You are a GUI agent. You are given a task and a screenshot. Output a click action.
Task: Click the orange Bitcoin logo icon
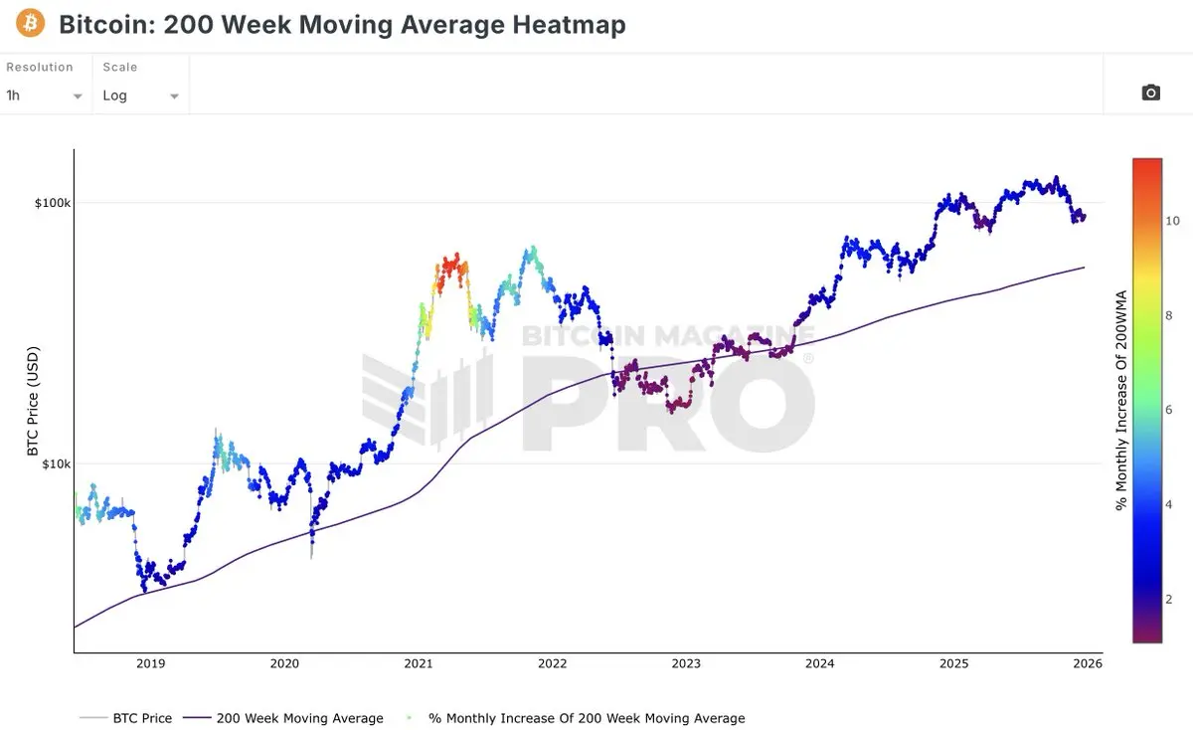[30, 24]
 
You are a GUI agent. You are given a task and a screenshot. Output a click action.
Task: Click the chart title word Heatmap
[572, 25]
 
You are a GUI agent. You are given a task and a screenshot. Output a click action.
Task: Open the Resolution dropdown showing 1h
[45, 95]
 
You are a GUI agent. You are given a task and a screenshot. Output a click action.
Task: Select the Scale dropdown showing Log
[140, 95]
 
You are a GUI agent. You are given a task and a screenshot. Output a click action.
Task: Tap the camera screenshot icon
[1150, 92]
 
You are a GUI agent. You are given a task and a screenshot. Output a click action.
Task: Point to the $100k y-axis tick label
[52, 203]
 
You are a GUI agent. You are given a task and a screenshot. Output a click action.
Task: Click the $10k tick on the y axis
[55, 463]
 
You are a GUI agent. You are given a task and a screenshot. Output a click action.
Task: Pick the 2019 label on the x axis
[150, 663]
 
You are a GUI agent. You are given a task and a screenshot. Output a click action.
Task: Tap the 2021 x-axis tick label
[418, 663]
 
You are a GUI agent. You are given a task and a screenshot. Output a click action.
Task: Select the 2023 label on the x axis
[685, 663]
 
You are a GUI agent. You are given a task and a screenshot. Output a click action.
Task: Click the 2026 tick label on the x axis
[1088, 663]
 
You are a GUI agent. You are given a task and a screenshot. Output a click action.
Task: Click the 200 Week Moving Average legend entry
[299, 718]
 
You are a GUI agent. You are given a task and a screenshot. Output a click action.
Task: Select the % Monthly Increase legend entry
[586, 718]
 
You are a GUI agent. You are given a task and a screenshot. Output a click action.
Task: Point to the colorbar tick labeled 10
[1173, 221]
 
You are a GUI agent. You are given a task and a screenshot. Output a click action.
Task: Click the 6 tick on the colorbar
[1169, 410]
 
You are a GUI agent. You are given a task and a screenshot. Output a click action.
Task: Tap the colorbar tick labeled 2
[1169, 599]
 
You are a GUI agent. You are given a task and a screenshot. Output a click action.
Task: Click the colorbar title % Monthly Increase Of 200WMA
[1121, 400]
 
